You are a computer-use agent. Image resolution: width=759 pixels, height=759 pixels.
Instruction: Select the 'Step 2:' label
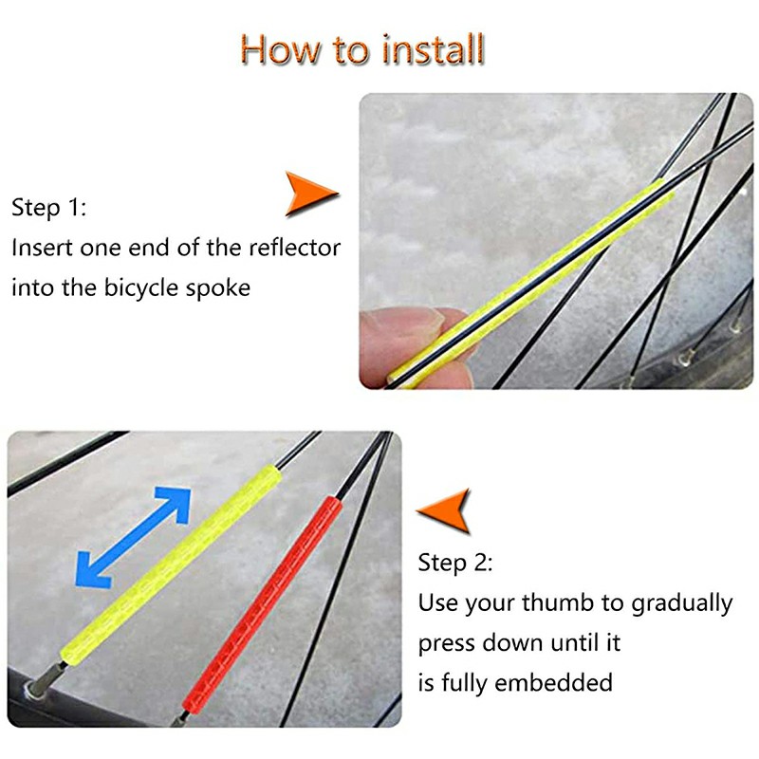pos(455,563)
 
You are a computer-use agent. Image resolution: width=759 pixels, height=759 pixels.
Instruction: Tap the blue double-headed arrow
pos(133,537)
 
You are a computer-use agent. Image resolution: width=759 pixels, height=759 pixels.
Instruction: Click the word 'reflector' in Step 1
pos(294,249)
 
